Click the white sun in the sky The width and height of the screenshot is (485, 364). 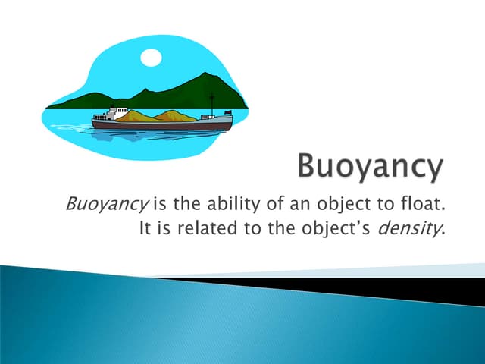click(x=152, y=57)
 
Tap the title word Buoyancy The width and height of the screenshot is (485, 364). click(x=369, y=167)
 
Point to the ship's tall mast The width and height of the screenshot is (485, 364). click(x=212, y=105)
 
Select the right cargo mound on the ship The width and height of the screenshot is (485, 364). click(x=175, y=115)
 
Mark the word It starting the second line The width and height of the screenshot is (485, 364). click(x=146, y=227)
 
